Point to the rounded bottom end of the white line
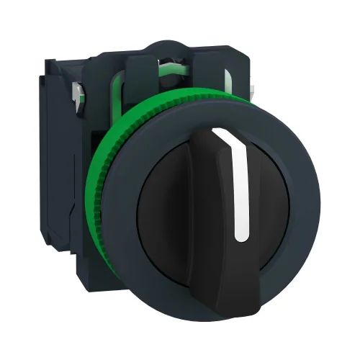coord(240,237)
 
